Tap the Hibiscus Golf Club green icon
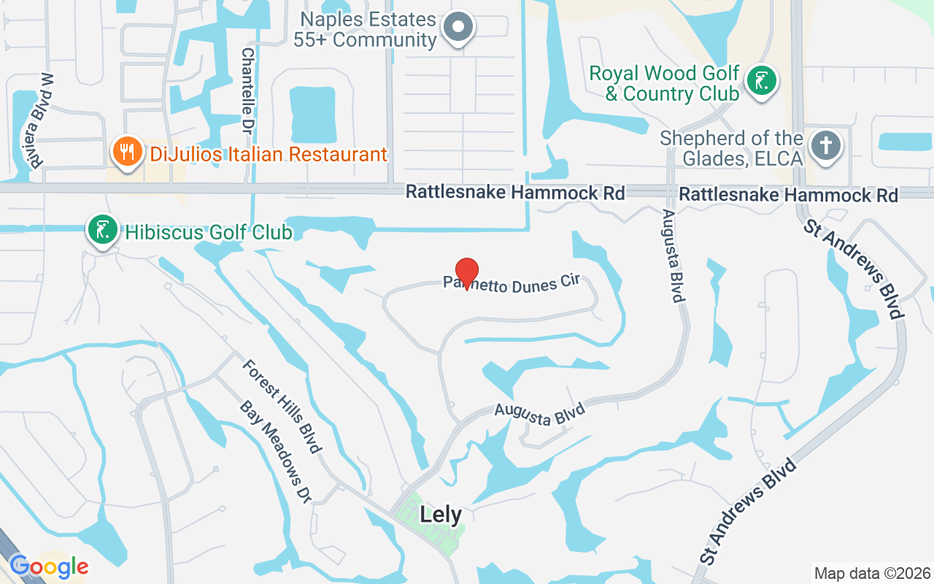tap(103, 229)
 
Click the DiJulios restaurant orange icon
tap(126, 152)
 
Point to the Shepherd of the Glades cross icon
tap(826, 145)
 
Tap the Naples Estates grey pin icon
tap(459, 26)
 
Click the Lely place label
tap(441, 515)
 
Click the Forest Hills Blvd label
tap(282, 405)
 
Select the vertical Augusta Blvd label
tap(673, 255)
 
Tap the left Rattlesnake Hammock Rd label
tap(515, 193)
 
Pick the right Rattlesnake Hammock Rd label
tap(788, 195)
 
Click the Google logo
tap(49, 566)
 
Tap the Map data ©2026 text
tap(872, 573)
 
